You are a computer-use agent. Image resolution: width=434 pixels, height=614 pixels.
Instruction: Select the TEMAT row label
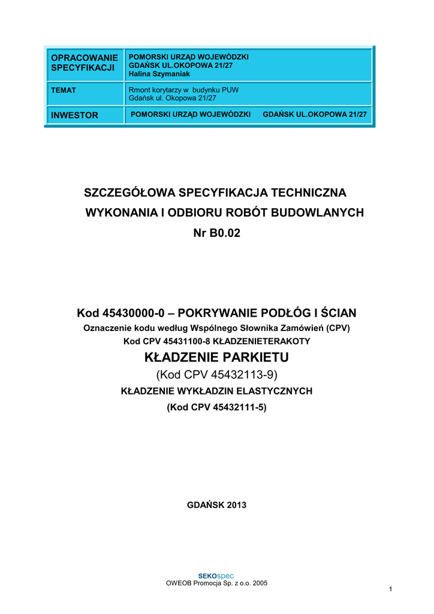(x=64, y=91)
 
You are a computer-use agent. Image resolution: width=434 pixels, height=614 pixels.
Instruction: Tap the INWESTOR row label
(x=74, y=115)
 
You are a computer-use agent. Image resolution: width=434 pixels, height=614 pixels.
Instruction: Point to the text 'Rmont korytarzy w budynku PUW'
(x=184, y=91)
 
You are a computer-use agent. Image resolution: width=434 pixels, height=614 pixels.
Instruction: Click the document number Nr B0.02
(x=216, y=233)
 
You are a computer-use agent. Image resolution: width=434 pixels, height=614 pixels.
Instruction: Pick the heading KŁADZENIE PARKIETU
(x=216, y=358)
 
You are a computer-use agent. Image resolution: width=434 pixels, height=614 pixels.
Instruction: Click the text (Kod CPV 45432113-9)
(x=216, y=375)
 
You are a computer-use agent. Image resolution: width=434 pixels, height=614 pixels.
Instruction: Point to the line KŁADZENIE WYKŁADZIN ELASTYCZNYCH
(x=216, y=391)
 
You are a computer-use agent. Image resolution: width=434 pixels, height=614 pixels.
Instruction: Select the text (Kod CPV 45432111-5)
(x=216, y=407)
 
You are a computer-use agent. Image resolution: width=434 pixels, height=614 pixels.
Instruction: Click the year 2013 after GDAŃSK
(x=236, y=505)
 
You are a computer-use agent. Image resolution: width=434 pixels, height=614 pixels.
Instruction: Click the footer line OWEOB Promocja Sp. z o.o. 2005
(x=216, y=583)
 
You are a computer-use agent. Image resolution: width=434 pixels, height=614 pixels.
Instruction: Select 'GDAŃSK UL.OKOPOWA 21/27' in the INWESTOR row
(x=315, y=114)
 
